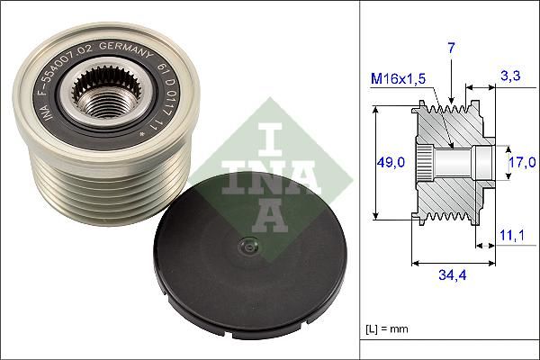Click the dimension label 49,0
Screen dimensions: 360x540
389,162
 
